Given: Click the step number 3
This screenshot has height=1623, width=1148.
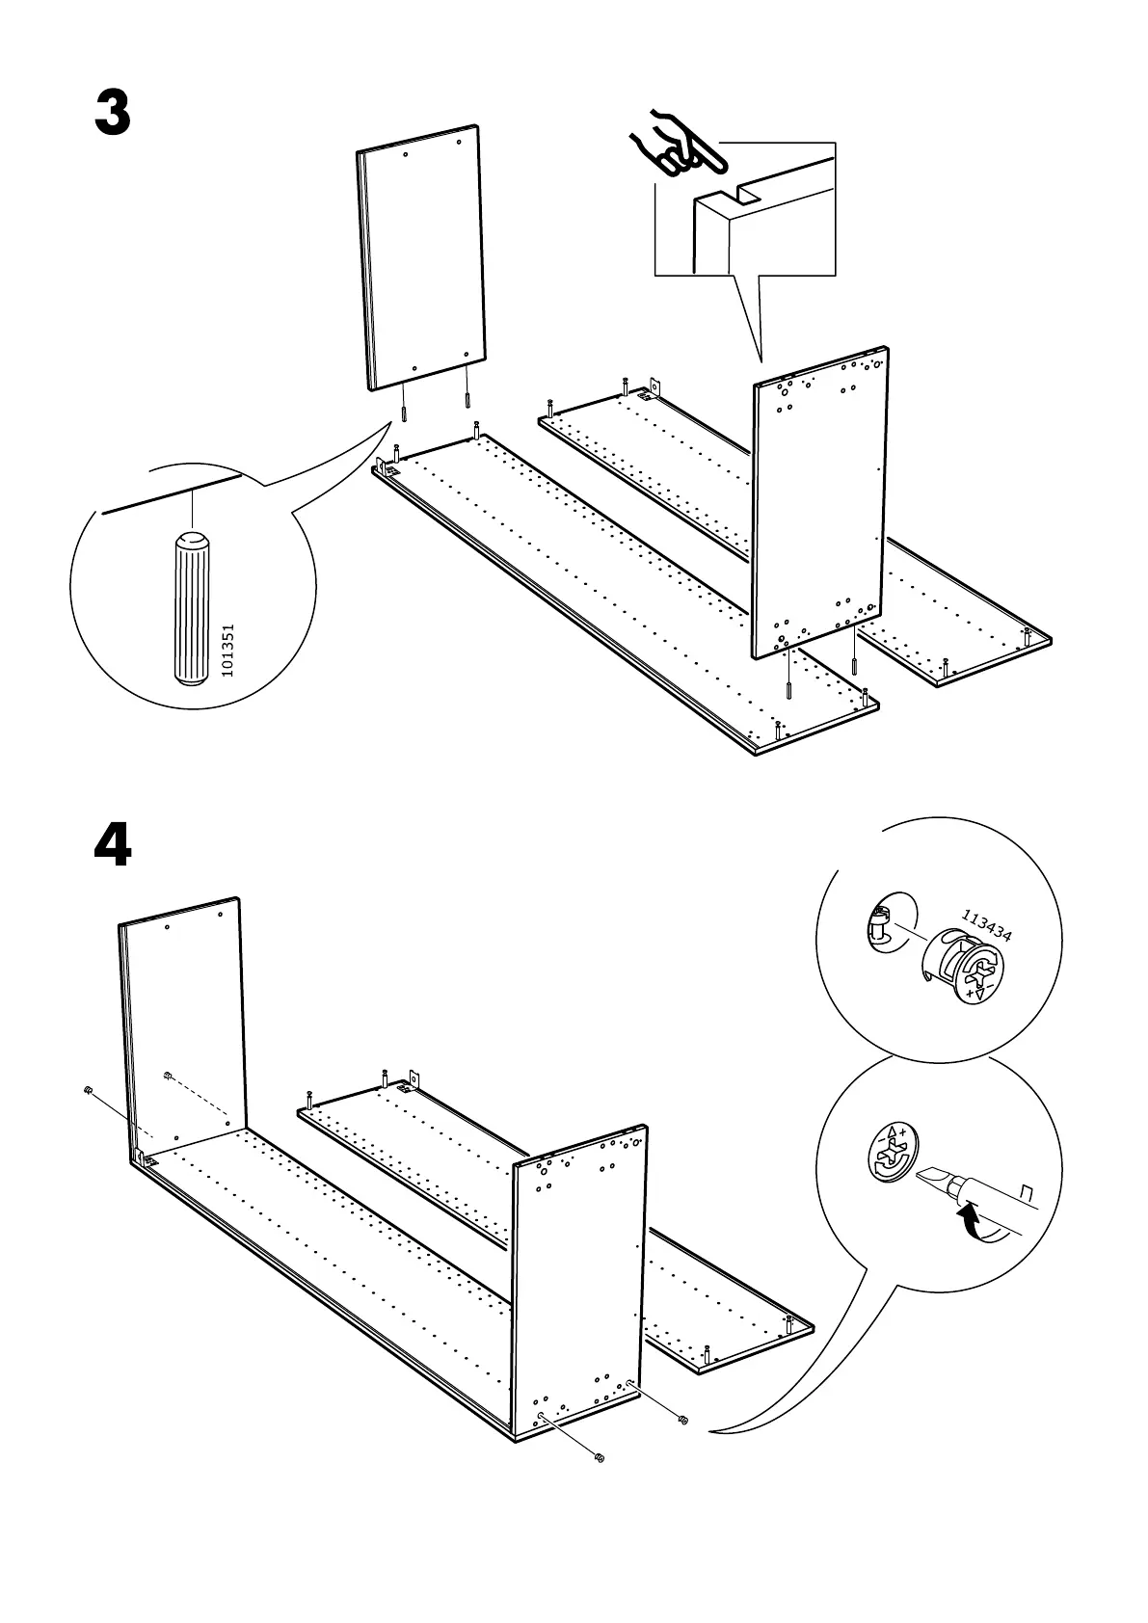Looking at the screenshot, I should point(113,115).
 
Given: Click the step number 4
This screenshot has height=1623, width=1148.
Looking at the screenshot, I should point(113,846).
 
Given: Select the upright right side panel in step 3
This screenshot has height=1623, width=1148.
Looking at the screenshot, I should point(820,501).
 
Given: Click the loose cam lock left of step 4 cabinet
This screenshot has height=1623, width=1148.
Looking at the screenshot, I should point(88,1090).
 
